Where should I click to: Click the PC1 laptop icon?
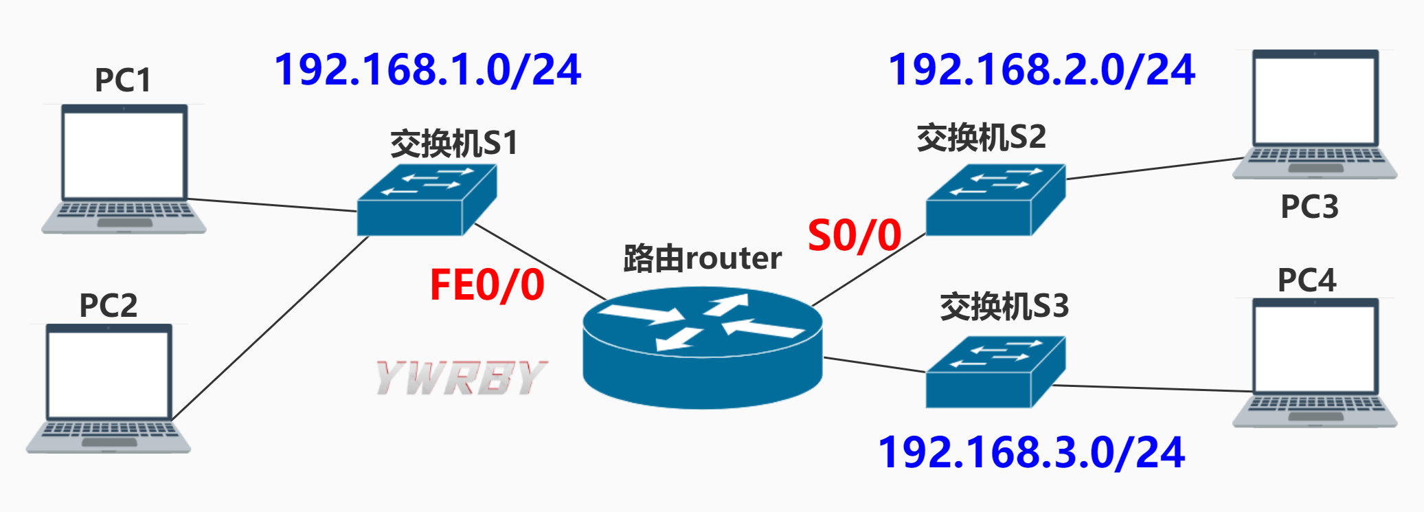[x=124, y=169]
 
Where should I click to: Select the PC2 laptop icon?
[x=109, y=388]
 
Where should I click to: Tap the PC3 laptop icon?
[x=1315, y=114]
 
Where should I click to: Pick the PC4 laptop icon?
[x=1315, y=362]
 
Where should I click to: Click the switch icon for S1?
[x=427, y=200]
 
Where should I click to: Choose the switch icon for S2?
[x=995, y=200]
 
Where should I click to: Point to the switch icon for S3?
[x=995, y=372]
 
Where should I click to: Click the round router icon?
[x=702, y=348]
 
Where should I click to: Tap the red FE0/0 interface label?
[x=487, y=285]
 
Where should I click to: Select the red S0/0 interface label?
[x=855, y=236]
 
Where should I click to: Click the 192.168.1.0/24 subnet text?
[x=427, y=70]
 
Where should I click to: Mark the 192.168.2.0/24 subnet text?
[x=1041, y=70]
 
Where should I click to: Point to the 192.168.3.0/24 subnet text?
[x=1031, y=453]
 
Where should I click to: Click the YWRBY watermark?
[x=461, y=378]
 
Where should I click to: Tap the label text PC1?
[x=122, y=80]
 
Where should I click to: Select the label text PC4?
[x=1307, y=280]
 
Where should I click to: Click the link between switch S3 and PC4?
[x=1154, y=388]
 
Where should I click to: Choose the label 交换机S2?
[x=981, y=137]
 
